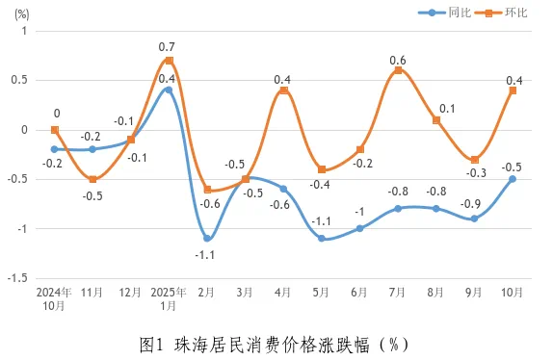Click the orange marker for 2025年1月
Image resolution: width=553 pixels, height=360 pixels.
click(x=169, y=61)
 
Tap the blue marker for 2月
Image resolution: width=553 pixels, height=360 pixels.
click(x=207, y=239)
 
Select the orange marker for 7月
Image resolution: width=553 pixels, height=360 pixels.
click(x=398, y=70)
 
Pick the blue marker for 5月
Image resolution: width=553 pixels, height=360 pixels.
click(x=322, y=239)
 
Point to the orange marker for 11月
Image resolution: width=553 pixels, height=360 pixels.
click(x=92, y=179)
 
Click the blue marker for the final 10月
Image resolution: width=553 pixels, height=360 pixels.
click(x=513, y=179)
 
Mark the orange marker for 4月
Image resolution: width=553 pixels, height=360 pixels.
click(x=283, y=90)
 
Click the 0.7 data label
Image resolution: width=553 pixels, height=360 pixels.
click(x=167, y=46)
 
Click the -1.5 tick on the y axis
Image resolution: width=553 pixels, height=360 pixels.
click(x=18, y=278)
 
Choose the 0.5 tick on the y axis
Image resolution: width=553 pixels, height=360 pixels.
click(x=21, y=80)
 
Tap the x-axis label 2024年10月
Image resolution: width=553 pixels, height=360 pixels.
click(x=54, y=297)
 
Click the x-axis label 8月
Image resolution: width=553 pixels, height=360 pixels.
click(x=436, y=291)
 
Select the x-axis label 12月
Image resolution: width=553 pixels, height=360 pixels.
click(x=130, y=291)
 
